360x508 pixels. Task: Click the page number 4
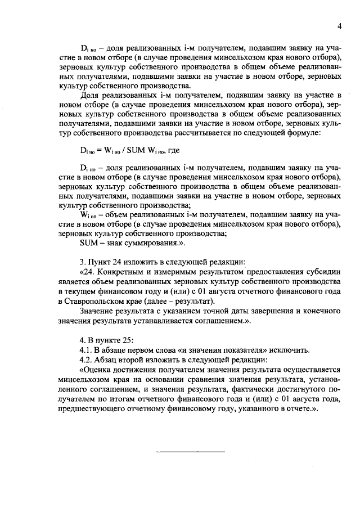pos(339,25)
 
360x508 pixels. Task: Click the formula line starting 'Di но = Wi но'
pos(127,151)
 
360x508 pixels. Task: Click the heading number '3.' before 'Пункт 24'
pos(83,262)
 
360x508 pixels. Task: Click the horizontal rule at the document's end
pos(190,451)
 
